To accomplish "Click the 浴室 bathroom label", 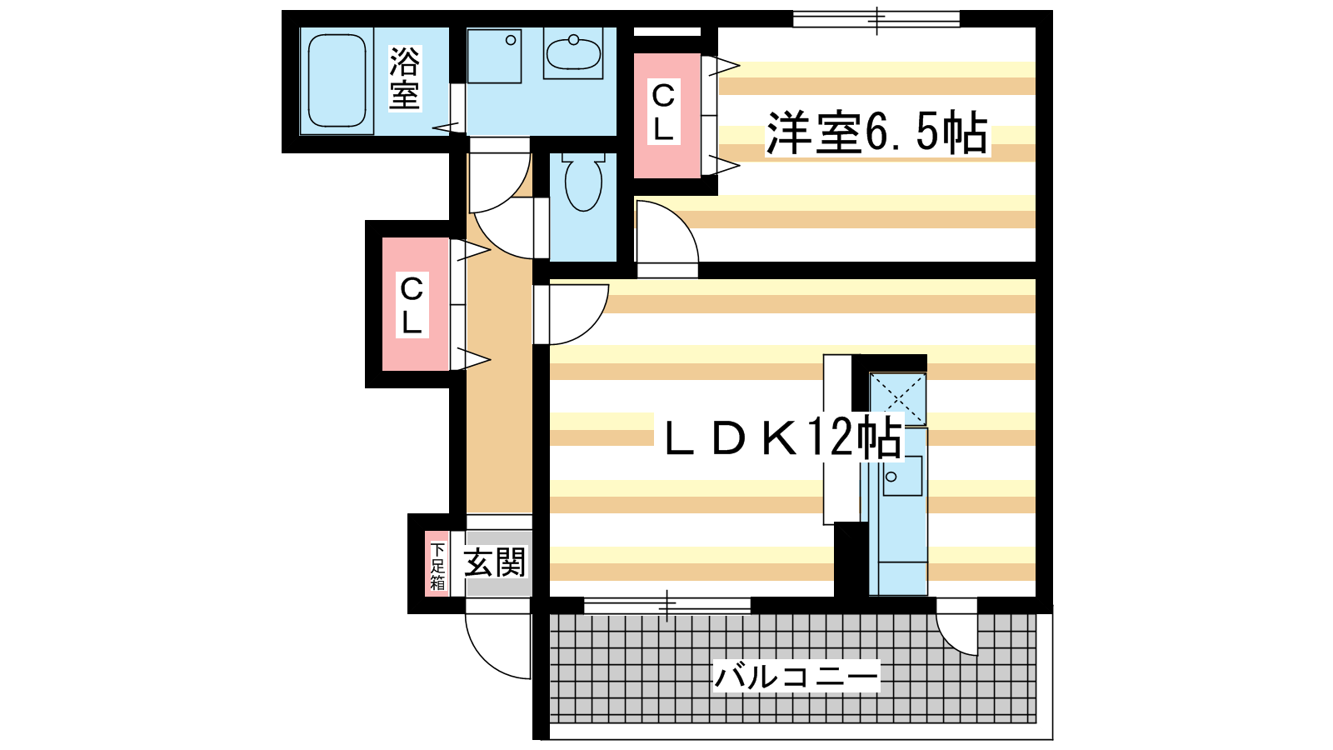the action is pyautogui.click(x=405, y=78).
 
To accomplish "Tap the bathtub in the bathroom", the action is pyautogui.click(x=337, y=80).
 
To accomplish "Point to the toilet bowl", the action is pyautogui.click(x=582, y=182).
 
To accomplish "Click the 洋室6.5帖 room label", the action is pyautogui.click(x=877, y=132).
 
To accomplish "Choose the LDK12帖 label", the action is pyautogui.click(x=783, y=437).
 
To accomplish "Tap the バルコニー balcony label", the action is pyautogui.click(x=796, y=676).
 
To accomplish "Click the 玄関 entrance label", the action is pyautogui.click(x=495, y=562).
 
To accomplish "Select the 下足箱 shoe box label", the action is pyautogui.click(x=437, y=566).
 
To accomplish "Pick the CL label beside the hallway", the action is pyautogui.click(x=412, y=304).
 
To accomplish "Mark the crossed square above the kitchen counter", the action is pyautogui.click(x=898, y=398).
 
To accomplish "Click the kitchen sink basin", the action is pyautogui.click(x=902, y=476).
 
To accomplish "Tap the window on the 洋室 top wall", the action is pyautogui.click(x=876, y=20).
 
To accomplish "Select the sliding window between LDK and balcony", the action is pyautogui.click(x=667, y=605).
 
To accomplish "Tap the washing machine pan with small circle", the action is pyautogui.click(x=494, y=57).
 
